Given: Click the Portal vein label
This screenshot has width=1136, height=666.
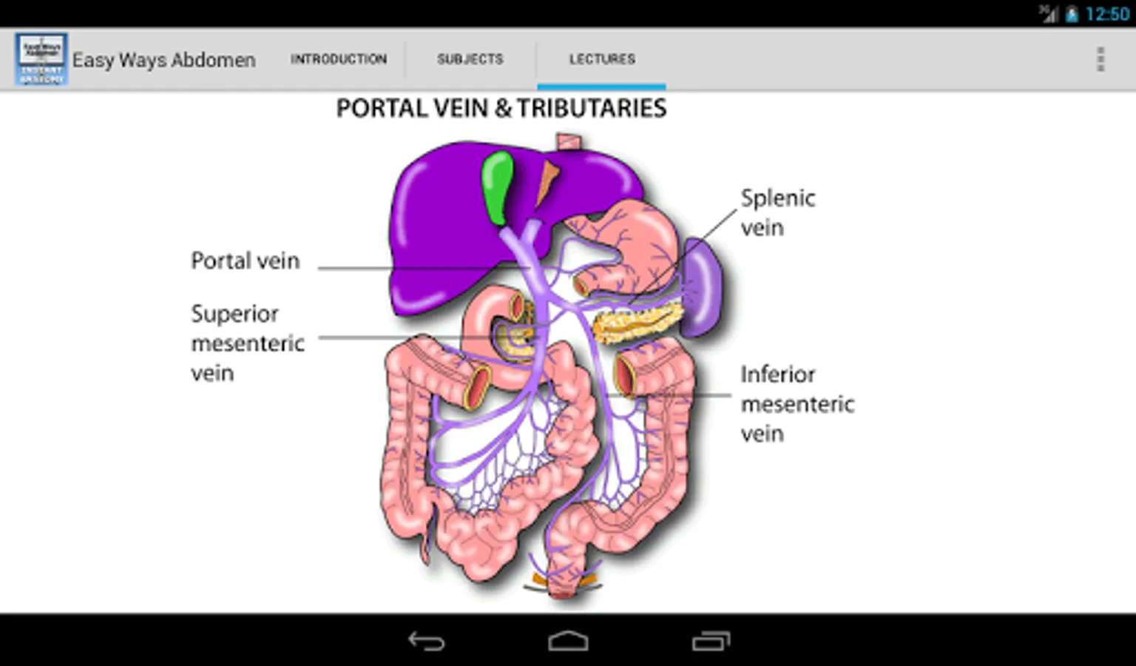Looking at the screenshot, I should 245,261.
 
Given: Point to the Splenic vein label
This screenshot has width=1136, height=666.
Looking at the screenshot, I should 777,212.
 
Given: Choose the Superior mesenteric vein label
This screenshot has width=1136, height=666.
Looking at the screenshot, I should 247,343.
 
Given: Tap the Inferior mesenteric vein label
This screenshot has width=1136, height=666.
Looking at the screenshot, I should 797,404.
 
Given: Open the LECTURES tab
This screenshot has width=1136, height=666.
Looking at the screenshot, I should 601,59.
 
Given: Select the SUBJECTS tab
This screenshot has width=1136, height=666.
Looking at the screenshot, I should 470,59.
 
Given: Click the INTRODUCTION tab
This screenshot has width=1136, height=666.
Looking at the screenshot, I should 338,59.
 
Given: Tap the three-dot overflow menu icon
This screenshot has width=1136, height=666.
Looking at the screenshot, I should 1100,59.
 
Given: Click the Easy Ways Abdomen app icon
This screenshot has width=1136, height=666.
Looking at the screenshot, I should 41,58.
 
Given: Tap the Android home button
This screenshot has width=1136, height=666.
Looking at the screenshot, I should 568,641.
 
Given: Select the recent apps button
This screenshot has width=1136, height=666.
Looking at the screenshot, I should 711,641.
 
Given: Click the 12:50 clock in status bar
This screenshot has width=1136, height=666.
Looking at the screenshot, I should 1107,14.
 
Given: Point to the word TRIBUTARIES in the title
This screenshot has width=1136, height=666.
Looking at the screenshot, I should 591,109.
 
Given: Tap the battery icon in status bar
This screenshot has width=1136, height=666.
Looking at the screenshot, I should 1072,14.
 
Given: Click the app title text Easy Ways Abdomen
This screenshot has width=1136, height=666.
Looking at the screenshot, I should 163,60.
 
